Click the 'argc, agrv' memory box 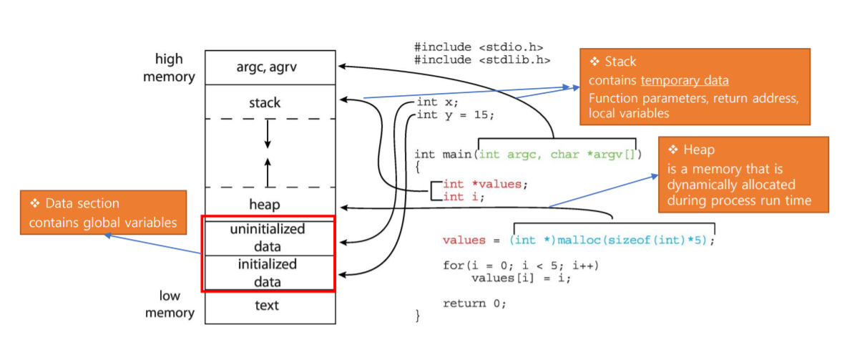(270, 67)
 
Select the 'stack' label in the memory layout (265, 102)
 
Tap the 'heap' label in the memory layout (265, 205)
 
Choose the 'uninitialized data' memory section (268, 238)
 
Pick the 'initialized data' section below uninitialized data (268, 273)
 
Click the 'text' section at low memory (267, 306)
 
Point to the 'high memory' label (169, 68)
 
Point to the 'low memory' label (170, 304)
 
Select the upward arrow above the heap (268, 171)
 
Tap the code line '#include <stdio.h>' (473, 48)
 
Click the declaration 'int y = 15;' (455, 115)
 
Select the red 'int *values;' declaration (485, 184)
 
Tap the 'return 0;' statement (474, 303)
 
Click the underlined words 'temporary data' (685, 81)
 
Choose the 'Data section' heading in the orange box (82, 204)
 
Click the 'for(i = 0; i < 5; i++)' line (521, 266)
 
